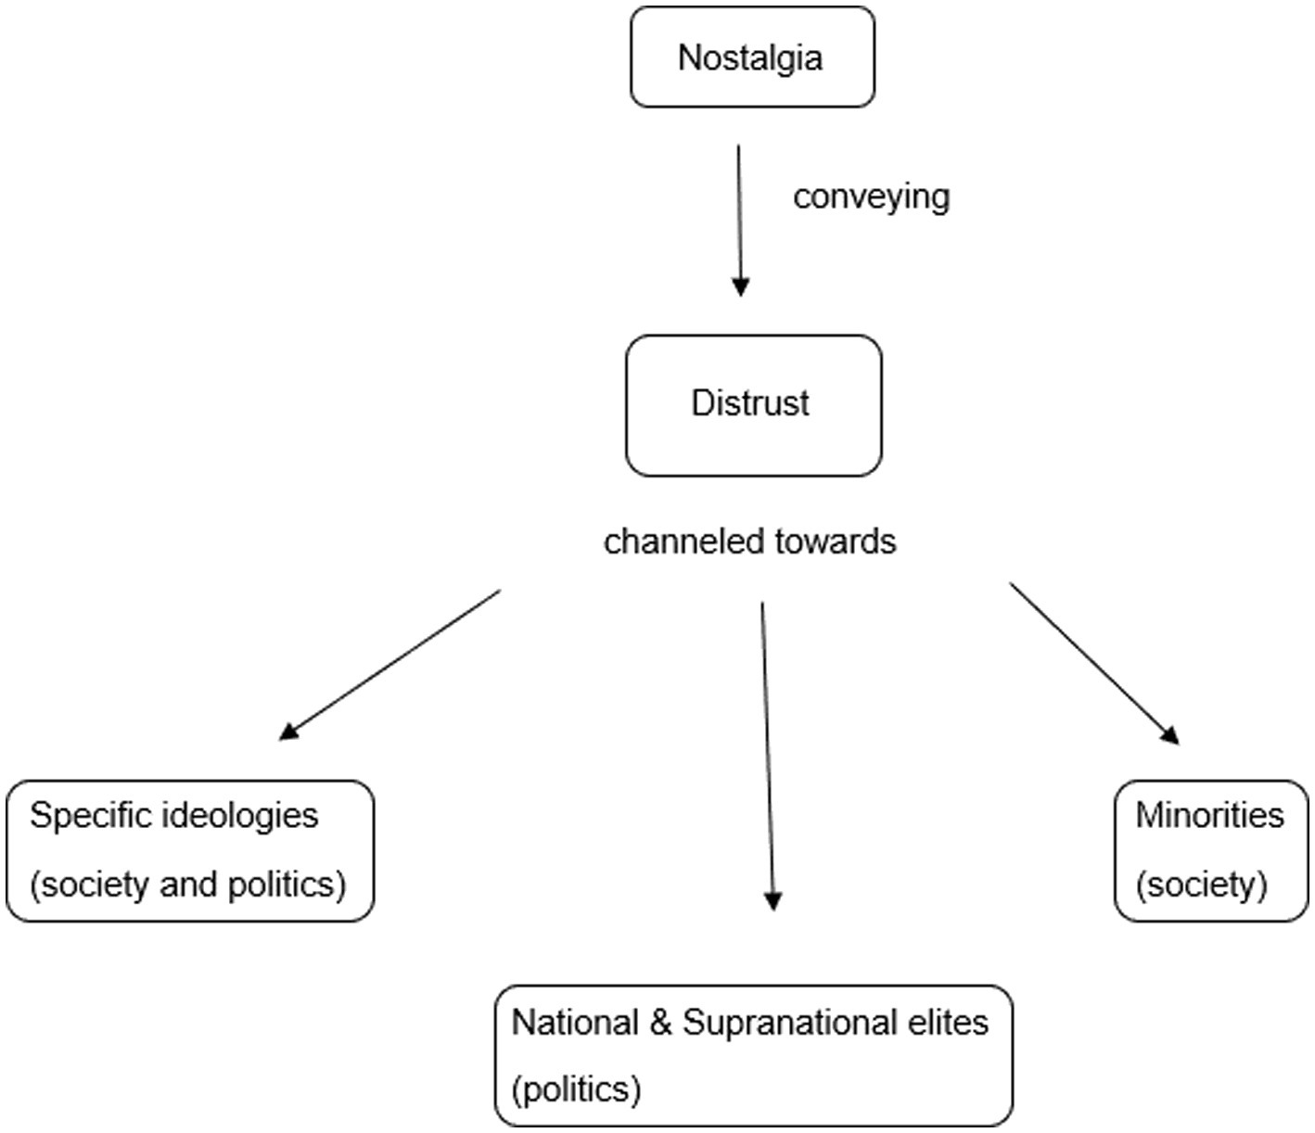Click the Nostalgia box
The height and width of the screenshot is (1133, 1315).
(x=751, y=57)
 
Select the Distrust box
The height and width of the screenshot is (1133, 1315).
(x=752, y=405)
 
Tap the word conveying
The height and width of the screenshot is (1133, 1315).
(x=871, y=197)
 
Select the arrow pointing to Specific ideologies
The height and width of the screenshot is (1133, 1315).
(x=389, y=665)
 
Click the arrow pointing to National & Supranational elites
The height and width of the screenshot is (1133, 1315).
(x=767, y=756)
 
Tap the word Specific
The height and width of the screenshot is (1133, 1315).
(x=91, y=816)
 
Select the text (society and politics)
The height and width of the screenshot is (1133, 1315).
(x=188, y=885)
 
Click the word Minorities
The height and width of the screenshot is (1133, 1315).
(x=1209, y=816)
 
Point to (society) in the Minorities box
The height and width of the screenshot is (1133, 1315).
(x=1201, y=885)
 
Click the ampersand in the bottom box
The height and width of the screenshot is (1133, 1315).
(x=660, y=1023)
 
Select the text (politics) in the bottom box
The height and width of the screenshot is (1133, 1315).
(x=576, y=1089)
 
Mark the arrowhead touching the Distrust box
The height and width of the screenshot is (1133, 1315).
(x=740, y=286)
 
